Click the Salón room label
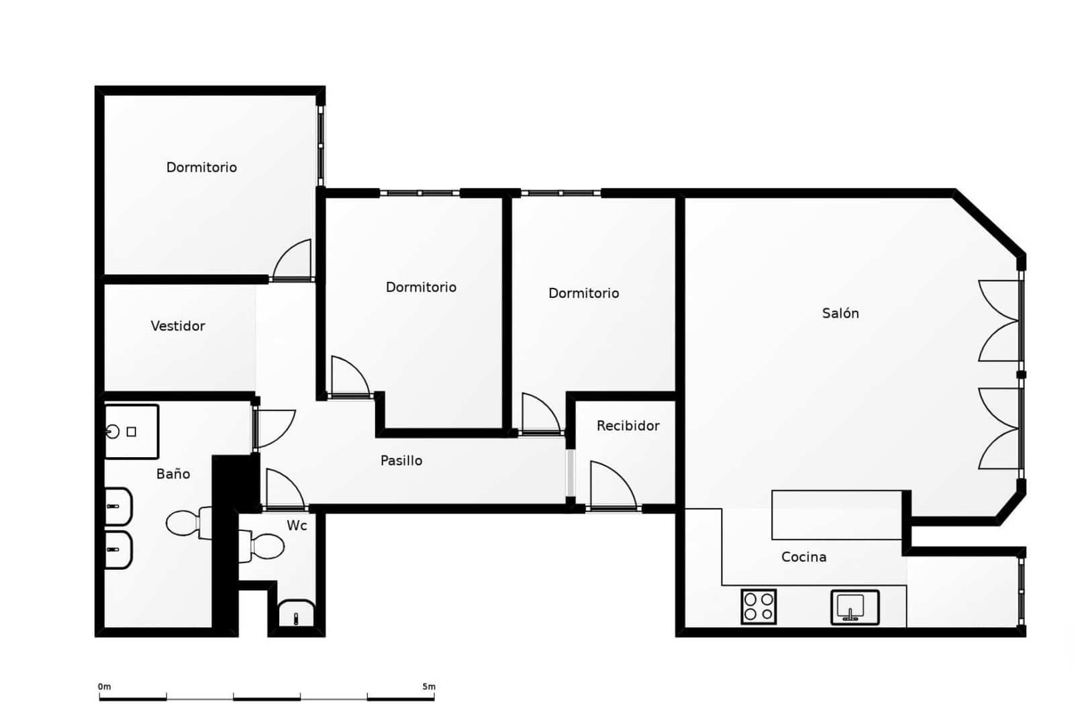pyautogui.click(x=840, y=313)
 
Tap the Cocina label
pyautogui.click(x=803, y=557)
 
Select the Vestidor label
pyautogui.click(x=177, y=326)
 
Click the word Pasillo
pyautogui.click(x=401, y=461)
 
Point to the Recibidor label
pyautogui.click(x=628, y=426)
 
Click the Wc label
pyautogui.click(x=297, y=525)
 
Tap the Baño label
pyautogui.click(x=173, y=474)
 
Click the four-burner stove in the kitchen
pyautogui.click(x=759, y=606)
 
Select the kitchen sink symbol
pyautogui.click(x=854, y=607)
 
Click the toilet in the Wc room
pyautogui.click(x=266, y=546)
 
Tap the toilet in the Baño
pyautogui.click(x=185, y=523)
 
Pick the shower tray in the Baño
pyautogui.click(x=132, y=432)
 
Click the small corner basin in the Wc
pyautogui.click(x=296, y=614)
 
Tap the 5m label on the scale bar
pyautogui.click(x=428, y=686)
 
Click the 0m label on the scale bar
pyautogui.click(x=104, y=686)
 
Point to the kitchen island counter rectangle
pyautogui.click(x=836, y=515)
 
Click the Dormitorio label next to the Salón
pyautogui.click(x=583, y=293)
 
